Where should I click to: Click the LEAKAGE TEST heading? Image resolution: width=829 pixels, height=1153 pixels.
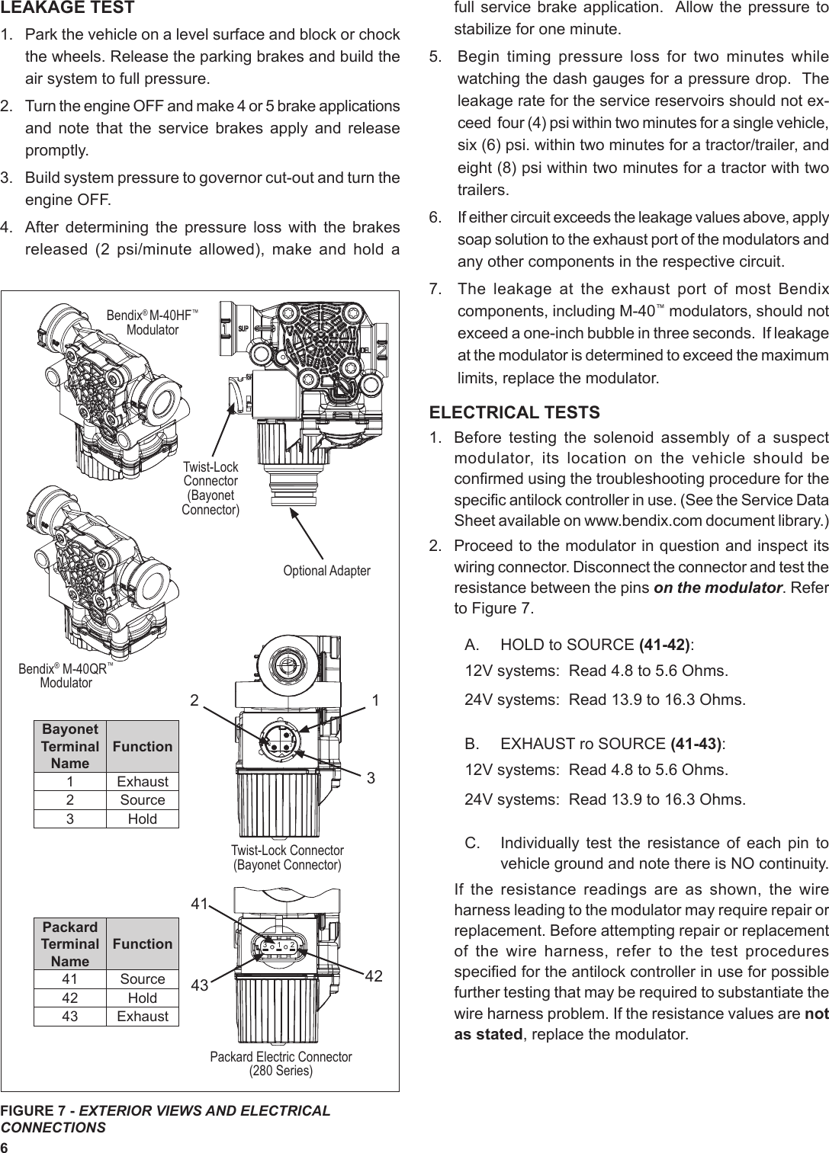pos(68,8)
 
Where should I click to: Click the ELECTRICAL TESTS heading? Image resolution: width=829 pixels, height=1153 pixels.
pos(515,412)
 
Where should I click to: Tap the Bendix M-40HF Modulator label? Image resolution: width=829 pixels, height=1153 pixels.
pos(153,322)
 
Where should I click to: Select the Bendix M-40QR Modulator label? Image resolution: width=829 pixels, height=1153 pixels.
pos(66,675)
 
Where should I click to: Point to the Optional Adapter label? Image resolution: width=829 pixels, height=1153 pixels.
pos(327,571)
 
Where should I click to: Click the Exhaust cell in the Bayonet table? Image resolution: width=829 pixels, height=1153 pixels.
pos(142,781)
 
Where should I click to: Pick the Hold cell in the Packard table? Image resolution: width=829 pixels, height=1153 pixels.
pos(142,998)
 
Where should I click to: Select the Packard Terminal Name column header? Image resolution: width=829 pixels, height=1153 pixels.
pos(70,943)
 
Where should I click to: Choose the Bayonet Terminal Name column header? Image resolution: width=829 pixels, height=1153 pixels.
pos(70,746)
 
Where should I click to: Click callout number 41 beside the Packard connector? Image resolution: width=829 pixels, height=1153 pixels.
pos(200,904)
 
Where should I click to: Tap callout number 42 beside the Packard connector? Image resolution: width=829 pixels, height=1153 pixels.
pos(373,977)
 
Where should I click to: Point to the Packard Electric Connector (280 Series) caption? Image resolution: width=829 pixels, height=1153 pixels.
pos(281,1063)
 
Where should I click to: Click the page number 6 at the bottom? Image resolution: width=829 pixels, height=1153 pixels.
pos(5,1148)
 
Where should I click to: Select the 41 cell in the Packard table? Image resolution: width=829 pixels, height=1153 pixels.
pos(70,979)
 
